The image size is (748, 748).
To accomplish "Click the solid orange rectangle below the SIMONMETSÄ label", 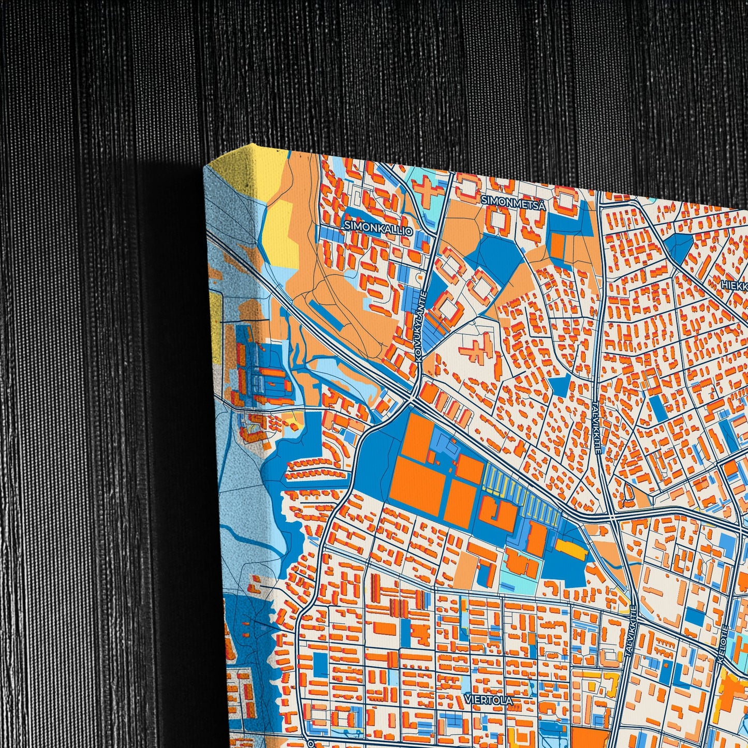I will coord(557,245).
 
